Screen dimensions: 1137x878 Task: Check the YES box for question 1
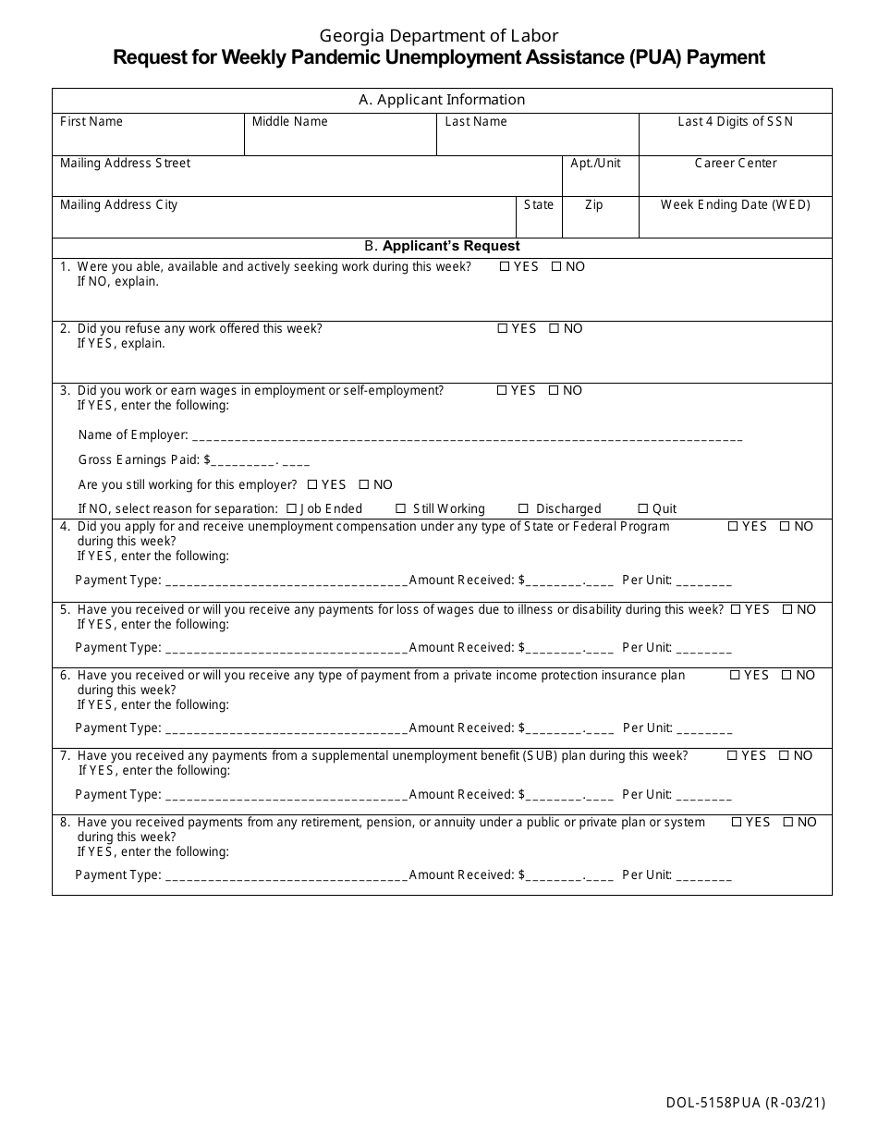pos(505,267)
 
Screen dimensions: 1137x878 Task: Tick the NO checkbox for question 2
pos(555,329)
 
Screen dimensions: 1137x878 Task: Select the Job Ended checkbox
pos(292,509)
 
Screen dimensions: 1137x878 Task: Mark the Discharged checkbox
pos(524,509)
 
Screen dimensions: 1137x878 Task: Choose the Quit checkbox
pos(643,509)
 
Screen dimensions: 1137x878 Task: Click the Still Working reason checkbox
pos(401,509)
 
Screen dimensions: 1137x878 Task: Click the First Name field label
pos(91,122)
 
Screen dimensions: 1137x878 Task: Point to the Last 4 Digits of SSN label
pos(735,122)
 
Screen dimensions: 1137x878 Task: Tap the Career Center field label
pos(736,164)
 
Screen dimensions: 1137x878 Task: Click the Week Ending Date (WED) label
pos(735,205)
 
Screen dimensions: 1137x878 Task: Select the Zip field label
pos(594,205)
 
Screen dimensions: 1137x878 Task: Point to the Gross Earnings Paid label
pos(140,460)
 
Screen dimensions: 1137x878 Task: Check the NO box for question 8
pos(788,823)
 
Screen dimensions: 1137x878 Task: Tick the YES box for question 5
pos(736,610)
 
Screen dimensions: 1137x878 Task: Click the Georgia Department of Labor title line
pos(439,36)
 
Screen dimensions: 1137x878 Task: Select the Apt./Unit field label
pos(596,164)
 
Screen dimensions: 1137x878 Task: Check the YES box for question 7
pos(733,756)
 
